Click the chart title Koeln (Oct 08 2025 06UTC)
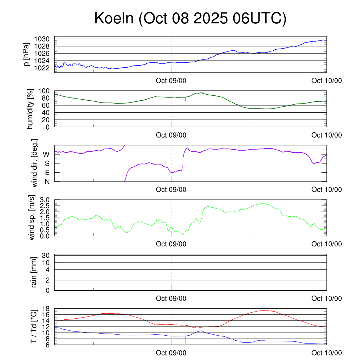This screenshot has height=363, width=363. (x=190, y=19)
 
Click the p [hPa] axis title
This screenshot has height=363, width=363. (x=26, y=54)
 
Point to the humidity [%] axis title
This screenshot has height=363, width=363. (x=30, y=109)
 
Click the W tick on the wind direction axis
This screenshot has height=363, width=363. (x=46, y=154)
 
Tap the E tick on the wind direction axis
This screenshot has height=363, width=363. (x=47, y=172)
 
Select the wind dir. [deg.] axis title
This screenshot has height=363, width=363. (x=35, y=163)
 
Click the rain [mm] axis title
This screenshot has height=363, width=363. (x=34, y=273)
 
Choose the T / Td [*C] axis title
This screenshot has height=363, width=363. (x=34, y=326)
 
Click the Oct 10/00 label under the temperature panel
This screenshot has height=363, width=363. (x=326, y=353)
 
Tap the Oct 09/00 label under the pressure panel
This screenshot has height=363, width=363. (x=171, y=80)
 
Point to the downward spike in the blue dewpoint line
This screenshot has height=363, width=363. (x=186, y=341)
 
